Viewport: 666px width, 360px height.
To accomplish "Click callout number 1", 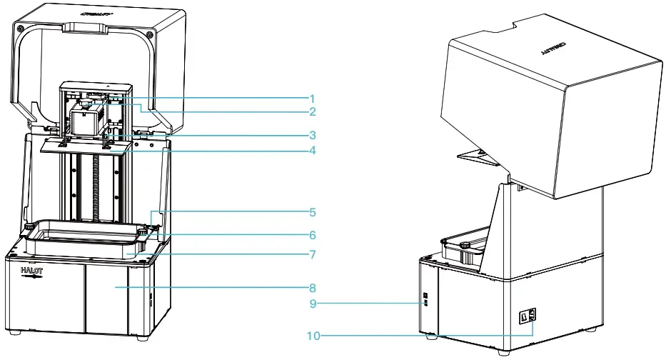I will point(311,98).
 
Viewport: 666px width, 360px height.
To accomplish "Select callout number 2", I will point(311,111).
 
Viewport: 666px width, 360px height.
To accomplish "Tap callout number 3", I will point(311,134).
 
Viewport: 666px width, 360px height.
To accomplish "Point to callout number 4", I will point(311,151).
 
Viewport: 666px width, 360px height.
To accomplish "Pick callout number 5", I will point(311,212).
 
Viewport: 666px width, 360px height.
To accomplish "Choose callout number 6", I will point(311,234).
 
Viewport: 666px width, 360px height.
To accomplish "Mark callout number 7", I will point(311,254).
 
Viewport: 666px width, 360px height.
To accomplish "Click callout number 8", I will point(311,288).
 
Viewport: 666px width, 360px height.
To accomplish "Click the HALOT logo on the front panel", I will point(32,274).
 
